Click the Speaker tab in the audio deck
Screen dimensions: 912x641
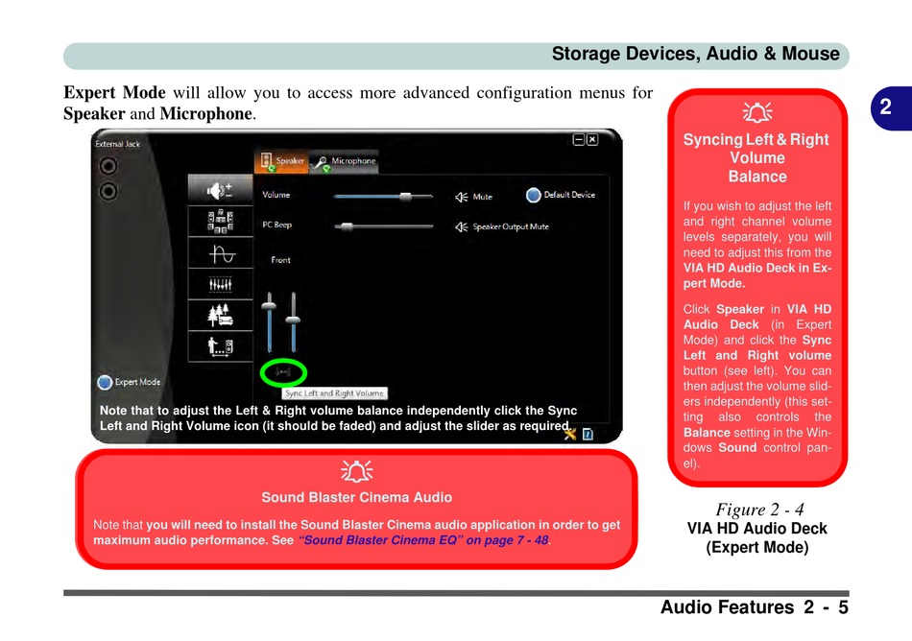(x=281, y=161)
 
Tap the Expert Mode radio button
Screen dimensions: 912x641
(x=105, y=382)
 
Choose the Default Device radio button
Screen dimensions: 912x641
(x=534, y=195)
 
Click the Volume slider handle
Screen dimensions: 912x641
(x=405, y=196)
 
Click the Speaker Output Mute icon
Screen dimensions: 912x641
(x=462, y=227)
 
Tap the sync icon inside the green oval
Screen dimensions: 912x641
(x=283, y=371)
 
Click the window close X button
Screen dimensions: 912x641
(x=592, y=139)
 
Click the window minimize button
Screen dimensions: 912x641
(x=579, y=139)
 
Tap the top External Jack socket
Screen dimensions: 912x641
(x=108, y=165)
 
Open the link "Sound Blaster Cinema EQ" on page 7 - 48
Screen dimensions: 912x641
(x=424, y=540)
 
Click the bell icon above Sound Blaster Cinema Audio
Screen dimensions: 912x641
(x=356, y=471)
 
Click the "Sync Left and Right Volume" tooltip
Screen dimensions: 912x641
(x=334, y=393)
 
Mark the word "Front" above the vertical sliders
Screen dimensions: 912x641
(x=280, y=260)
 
